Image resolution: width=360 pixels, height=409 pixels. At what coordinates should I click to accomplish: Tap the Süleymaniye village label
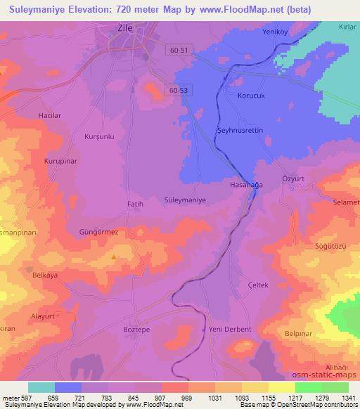(x=184, y=200)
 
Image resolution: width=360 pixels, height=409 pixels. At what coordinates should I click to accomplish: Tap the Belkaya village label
(x=44, y=275)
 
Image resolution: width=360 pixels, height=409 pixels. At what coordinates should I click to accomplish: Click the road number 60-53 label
(x=179, y=90)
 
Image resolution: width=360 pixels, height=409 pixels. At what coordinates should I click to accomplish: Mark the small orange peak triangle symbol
(x=115, y=257)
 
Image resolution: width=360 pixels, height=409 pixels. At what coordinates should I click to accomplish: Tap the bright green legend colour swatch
(x=309, y=387)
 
